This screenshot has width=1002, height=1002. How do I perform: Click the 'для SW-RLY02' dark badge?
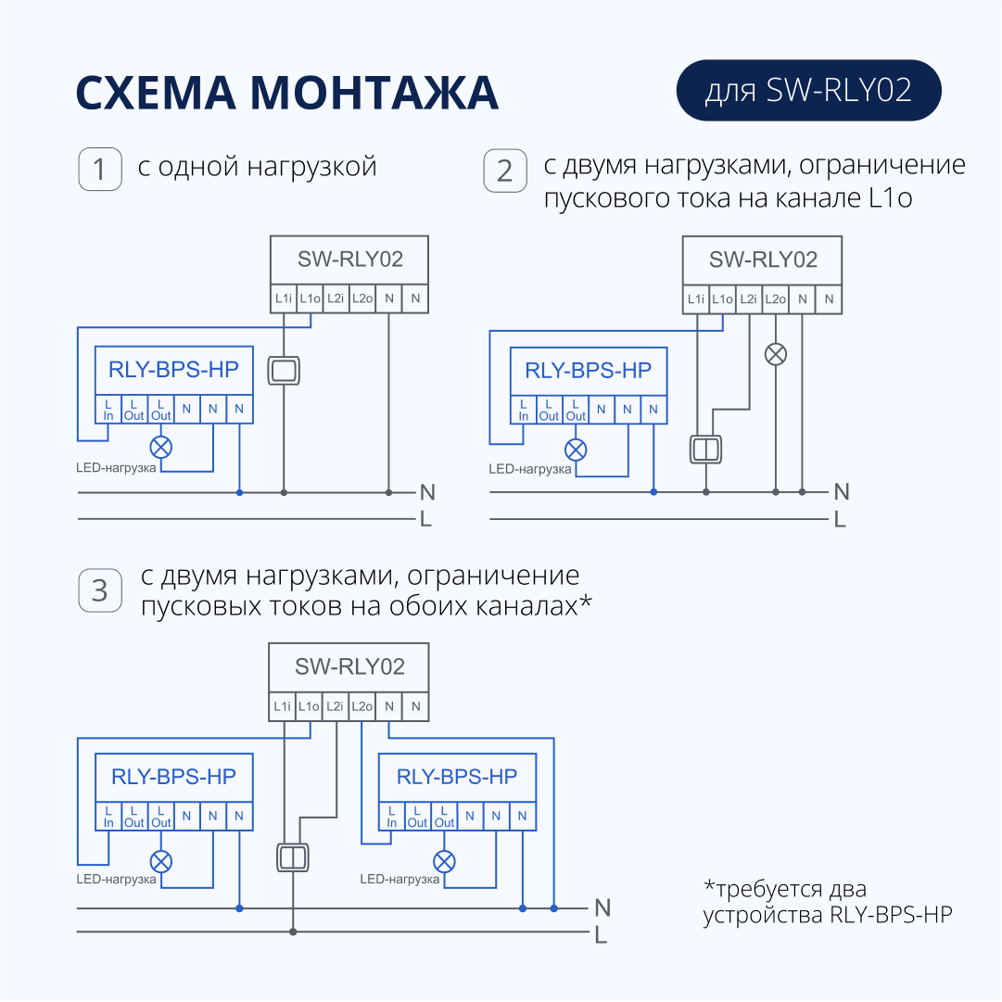(x=808, y=90)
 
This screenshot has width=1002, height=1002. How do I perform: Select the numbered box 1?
(x=100, y=170)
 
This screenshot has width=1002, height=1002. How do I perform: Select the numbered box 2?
(x=505, y=171)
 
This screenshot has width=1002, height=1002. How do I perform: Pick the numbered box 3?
(x=100, y=590)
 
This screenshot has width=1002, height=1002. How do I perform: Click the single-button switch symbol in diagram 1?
(x=284, y=371)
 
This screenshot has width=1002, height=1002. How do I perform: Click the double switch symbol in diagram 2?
(x=705, y=450)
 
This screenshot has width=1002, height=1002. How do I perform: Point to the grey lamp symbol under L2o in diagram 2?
(x=776, y=354)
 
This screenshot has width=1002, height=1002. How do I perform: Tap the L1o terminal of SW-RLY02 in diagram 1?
(x=310, y=298)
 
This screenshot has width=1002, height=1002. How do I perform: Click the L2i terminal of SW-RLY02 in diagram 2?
(x=748, y=299)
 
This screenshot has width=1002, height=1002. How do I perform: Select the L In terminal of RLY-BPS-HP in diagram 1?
(x=108, y=410)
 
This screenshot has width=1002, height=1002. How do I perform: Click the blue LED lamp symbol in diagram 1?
(x=161, y=448)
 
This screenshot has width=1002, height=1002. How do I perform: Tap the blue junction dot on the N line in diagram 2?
(x=653, y=492)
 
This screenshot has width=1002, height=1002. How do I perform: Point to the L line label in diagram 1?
(x=425, y=519)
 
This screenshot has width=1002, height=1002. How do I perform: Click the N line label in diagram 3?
(x=602, y=908)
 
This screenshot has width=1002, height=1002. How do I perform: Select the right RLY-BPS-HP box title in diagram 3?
(x=457, y=777)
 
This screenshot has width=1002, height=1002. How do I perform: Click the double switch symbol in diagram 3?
(x=293, y=857)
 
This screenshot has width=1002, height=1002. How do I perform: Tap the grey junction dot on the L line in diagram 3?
(x=293, y=932)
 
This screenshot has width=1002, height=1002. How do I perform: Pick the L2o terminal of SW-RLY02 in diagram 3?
(x=361, y=706)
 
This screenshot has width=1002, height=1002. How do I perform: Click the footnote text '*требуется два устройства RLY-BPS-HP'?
(x=828, y=902)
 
